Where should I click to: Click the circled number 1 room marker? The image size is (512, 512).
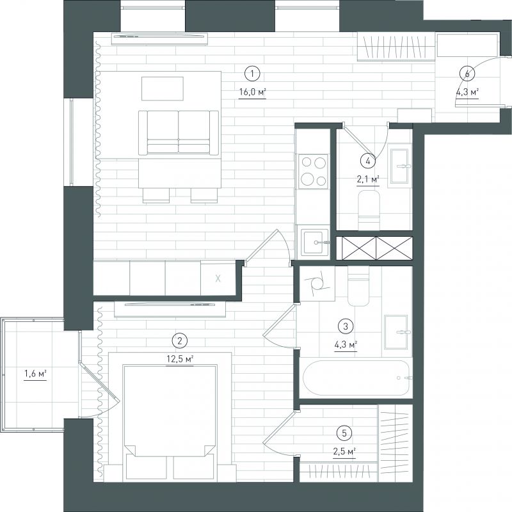point(252,74)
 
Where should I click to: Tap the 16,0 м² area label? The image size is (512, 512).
point(252,92)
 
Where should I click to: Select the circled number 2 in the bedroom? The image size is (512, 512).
point(179,341)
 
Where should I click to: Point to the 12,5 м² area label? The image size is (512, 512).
point(180,360)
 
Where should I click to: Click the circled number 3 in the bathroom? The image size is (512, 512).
point(346,326)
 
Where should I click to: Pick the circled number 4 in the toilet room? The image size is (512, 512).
point(368,161)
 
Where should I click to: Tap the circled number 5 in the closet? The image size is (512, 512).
point(344,433)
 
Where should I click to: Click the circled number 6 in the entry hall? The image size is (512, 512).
point(467,74)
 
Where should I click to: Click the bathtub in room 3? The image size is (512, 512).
point(356,378)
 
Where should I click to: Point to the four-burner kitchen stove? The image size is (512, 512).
point(313,171)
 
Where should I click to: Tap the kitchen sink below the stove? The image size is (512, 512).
point(315,242)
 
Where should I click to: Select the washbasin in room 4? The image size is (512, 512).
point(399,166)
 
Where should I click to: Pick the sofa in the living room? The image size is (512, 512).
point(179,132)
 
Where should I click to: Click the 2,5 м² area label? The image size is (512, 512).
point(344,452)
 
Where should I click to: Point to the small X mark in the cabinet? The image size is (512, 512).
point(218,278)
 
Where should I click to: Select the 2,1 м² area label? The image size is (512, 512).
point(368,179)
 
